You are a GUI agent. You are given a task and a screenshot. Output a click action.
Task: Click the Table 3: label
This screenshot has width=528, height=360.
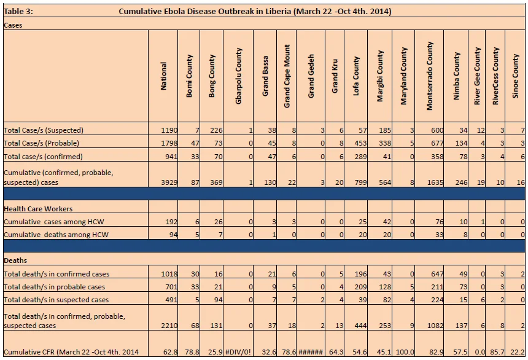tap(18, 12)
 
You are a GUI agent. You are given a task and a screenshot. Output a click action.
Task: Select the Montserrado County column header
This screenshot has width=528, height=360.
tap(429, 76)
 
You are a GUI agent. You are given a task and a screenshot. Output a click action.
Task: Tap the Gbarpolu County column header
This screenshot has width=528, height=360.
tap(238, 76)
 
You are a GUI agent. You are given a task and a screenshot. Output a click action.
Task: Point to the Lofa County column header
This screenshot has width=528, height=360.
tap(356, 76)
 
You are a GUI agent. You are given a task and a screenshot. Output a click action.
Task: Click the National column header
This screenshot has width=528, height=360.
tap(163, 76)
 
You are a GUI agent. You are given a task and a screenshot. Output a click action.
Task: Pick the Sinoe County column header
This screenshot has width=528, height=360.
tap(515, 76)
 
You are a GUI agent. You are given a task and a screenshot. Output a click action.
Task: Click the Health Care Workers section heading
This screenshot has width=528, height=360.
tap(38, 209)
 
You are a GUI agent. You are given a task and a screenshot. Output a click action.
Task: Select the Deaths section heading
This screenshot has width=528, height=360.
tap(15, 260)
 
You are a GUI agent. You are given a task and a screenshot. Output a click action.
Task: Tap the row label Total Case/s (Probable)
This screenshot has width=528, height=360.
tap(41, 143)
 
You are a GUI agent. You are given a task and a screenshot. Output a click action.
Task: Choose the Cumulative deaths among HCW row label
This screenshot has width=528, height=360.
tap(56, 235)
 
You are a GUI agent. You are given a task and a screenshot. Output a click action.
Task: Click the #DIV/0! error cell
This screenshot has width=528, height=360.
tap(238, 352)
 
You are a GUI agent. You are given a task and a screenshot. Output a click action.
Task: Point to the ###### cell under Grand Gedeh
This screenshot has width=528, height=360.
tap(311, 352)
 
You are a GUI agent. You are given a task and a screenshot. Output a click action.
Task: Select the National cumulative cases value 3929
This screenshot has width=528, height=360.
tap(169, 182)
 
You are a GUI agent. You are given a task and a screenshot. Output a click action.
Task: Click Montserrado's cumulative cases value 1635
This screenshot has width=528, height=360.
tap(435, 182)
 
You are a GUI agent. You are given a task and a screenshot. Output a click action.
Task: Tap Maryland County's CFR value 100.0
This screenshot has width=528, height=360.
tap(405, 352)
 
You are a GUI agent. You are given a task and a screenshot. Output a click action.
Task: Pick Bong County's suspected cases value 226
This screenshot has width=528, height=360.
tap(216, 130)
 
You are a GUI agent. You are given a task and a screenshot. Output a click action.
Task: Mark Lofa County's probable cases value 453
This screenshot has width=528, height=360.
tap(360, 143)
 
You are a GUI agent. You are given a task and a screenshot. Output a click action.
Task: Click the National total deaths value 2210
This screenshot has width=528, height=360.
tap(169, 326)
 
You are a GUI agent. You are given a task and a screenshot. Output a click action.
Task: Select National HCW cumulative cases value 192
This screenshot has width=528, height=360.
tap(171, 222)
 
